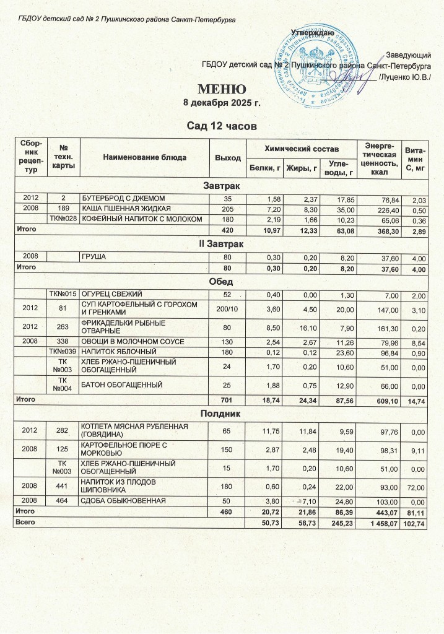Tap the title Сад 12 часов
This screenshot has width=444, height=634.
pos(222,126)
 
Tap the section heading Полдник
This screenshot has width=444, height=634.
pos(222,412)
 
